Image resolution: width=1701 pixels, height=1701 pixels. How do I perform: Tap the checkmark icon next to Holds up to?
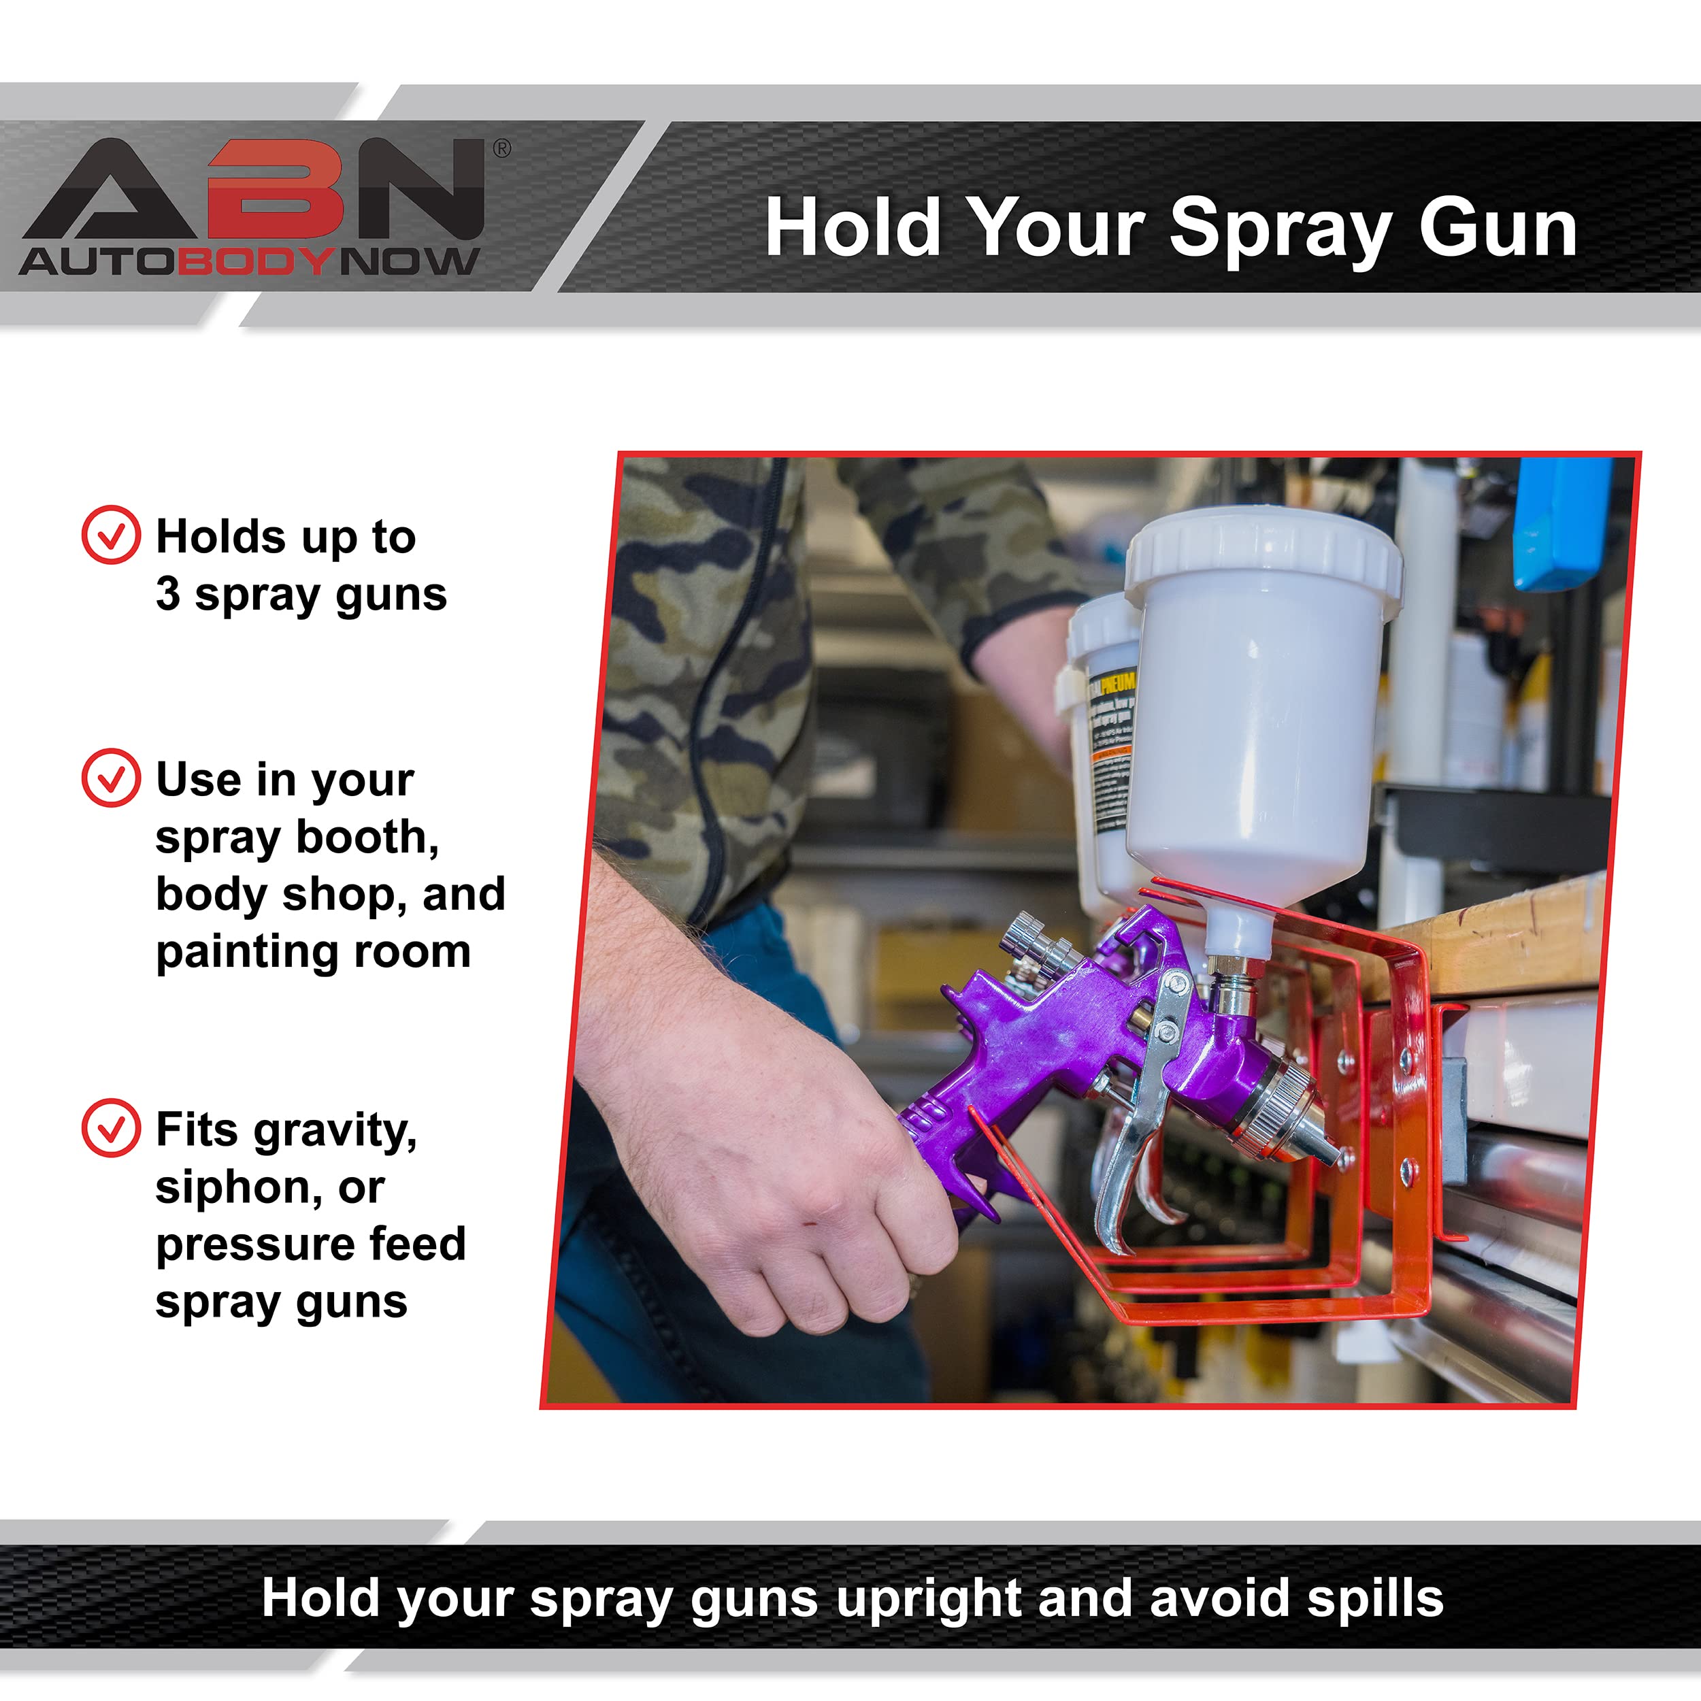point(111,534)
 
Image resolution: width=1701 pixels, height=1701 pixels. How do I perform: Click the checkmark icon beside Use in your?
point(111,778)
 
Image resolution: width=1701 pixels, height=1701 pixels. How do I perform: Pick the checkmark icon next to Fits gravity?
point(111,1128)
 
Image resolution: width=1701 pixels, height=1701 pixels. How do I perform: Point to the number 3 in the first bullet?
point(168,594)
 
